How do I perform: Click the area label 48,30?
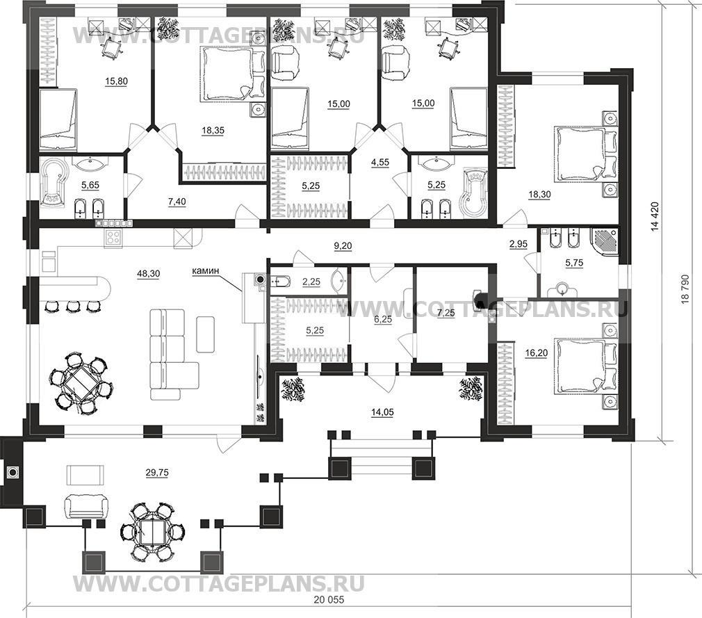148,273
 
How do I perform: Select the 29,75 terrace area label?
157,472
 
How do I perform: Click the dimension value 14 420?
655,218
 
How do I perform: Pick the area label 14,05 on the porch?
382,412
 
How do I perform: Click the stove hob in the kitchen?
113,238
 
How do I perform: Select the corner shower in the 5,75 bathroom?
604,242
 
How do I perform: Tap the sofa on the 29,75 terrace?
86,507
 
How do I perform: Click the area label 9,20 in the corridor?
343,245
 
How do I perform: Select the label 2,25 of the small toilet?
311,282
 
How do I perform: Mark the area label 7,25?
446,313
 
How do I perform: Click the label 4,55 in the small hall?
380,163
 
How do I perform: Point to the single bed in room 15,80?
58,119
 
